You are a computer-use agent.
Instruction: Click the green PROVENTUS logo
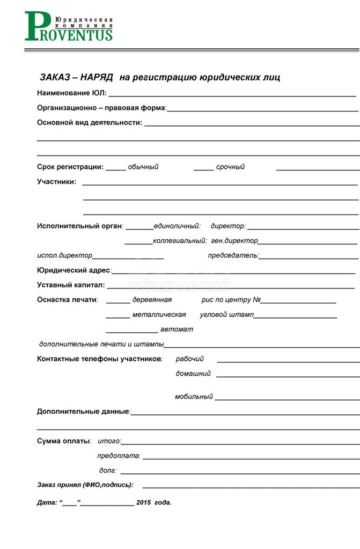click(x=69, y=27)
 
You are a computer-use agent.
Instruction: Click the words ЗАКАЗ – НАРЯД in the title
click(x=76, y=78)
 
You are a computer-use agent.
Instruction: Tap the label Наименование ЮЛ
click(x=71, y=93)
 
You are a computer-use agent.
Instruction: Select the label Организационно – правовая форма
click(x=101, y=108)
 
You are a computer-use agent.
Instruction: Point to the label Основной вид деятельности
click(x=89, y=123)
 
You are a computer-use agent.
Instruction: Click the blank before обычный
click(x=115, y=167)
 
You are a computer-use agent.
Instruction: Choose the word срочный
click(x=230, y=167)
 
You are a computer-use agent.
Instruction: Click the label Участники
click(x=56, y=182)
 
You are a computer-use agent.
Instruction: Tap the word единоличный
click(x=177, y=226)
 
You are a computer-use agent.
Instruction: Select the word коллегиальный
click(x=180, y=241)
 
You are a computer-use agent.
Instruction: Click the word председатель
click(x=233, y=256)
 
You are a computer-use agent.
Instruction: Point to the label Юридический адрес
click(x=74, y=270)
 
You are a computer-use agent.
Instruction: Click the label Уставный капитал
click(x=70, y=285)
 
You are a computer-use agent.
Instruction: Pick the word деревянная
click(x=152, y=300)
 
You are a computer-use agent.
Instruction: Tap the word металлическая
click(x=159, y=315)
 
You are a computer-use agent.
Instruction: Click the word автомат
click(x=177, y=329)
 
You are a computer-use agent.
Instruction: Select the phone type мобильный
click(x=194, y=397)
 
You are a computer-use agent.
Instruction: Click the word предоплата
click(x=118, y=456)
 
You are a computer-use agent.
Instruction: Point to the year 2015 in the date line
click(x=144, y=503)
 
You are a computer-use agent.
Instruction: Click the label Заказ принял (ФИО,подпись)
click(x=85, y=485)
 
